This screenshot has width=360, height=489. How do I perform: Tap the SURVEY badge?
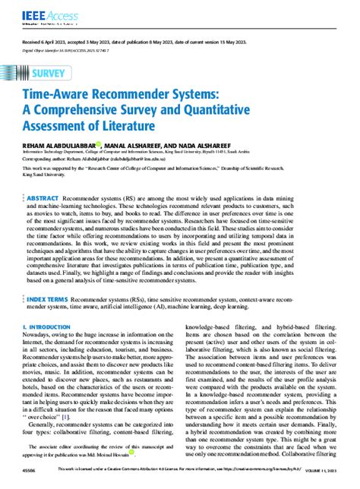pyautogui.click(x=48, y=73)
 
